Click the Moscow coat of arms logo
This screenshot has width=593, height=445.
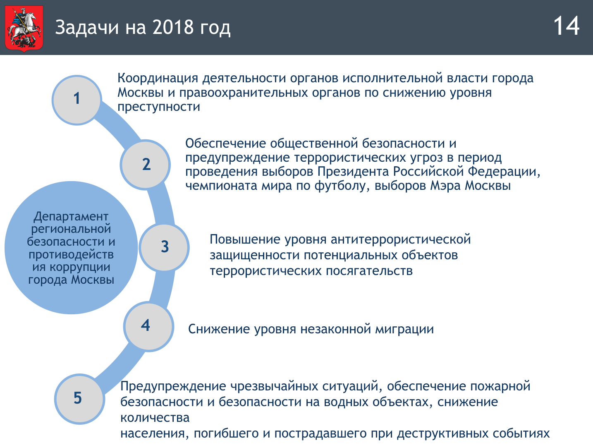pos(24,29)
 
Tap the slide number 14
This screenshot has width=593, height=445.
pos(566,26)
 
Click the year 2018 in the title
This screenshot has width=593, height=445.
pos(173,27)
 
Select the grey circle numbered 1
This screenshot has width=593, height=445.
pos(77,100)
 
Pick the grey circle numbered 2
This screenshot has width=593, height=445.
pos(145,165)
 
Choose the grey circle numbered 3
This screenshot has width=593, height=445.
pos(164,247)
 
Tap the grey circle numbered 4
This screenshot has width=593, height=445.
pos(148,326)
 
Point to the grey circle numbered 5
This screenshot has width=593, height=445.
pos(79,399)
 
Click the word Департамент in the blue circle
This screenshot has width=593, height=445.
pos(71,217)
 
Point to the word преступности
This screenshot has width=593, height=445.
pos(159,107)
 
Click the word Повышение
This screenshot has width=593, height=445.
pos(241,239)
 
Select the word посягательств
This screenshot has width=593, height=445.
pos(369,271)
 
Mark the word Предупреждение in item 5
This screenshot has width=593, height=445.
pos(173,386)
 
